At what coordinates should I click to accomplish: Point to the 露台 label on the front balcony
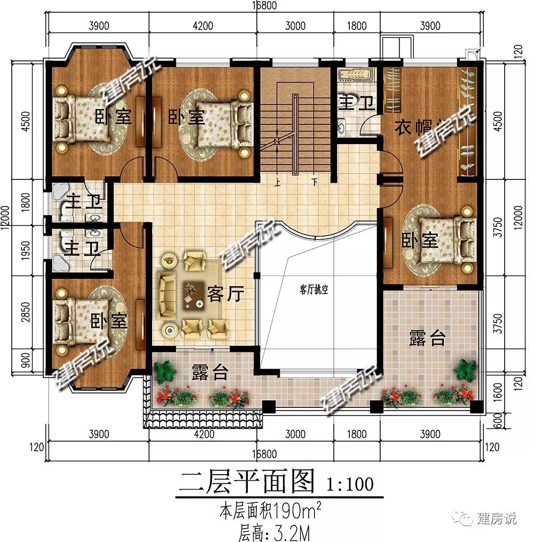click(x=210, y=372)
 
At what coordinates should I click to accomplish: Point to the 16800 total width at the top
click(x=266, y=5)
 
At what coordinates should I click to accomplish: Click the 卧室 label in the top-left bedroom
click(x=113, y=116)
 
